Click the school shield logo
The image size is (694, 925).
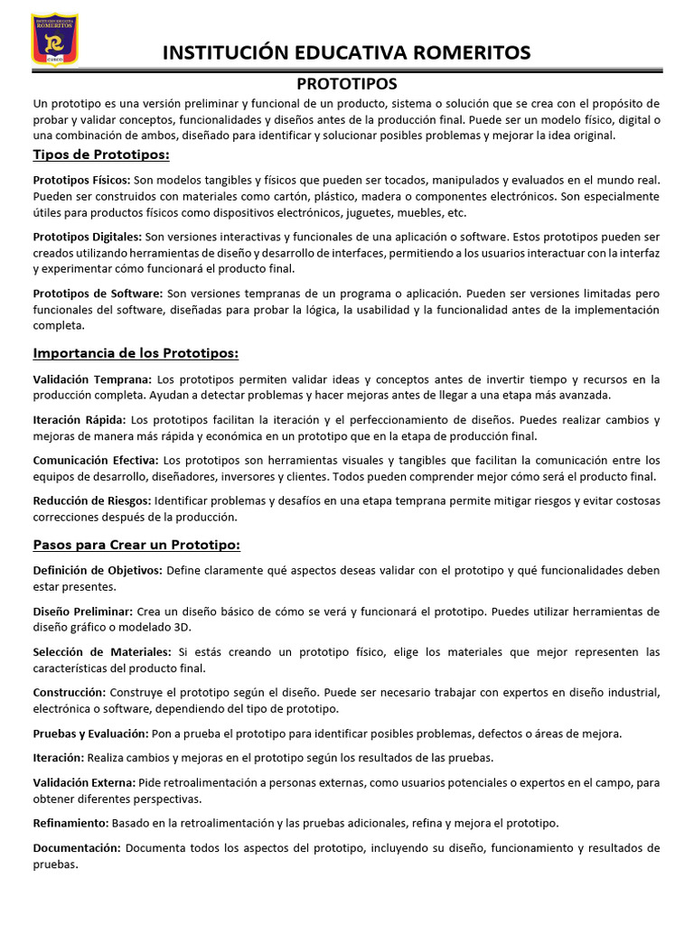[54, 39]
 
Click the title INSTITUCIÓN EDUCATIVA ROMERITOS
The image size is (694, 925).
[346, 52]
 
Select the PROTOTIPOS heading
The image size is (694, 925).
[347, 84]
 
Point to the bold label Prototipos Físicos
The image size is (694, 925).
[81, 180]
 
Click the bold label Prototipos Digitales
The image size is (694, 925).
[87, 236]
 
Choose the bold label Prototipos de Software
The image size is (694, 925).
[98, 294]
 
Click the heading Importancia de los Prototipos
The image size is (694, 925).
[136, 352]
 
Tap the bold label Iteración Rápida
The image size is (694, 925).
[80, 420]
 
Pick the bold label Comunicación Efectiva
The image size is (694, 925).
[96, 460]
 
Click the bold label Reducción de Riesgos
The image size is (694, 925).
[92, 500]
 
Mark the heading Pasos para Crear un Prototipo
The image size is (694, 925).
[136, 545]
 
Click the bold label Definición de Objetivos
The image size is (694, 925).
[98, 570]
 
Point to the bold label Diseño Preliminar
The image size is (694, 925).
[82, 612]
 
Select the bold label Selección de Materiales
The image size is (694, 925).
[101, 651]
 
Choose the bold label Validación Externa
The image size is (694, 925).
[84, 782]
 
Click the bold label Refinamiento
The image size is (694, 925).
[70, 823]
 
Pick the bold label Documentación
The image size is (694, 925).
[76, 848]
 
